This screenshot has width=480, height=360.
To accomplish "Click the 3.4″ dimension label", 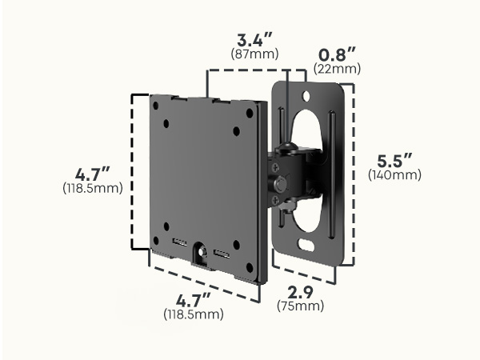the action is (254, 40).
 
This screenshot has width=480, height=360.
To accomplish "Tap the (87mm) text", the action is (254, 54).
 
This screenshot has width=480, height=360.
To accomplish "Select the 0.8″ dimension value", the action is (337, 54).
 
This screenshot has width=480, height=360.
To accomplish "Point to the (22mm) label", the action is (337, 69).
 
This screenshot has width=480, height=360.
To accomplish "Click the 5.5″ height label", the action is (394, 161).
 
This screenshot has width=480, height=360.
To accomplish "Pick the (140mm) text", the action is (394, 175).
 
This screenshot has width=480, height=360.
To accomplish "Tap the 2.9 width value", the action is (301, 293).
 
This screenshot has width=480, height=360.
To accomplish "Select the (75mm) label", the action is (300, 306).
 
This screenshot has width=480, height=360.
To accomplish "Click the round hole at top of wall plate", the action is (306, 96).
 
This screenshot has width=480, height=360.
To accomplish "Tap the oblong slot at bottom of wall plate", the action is (306, 245).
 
